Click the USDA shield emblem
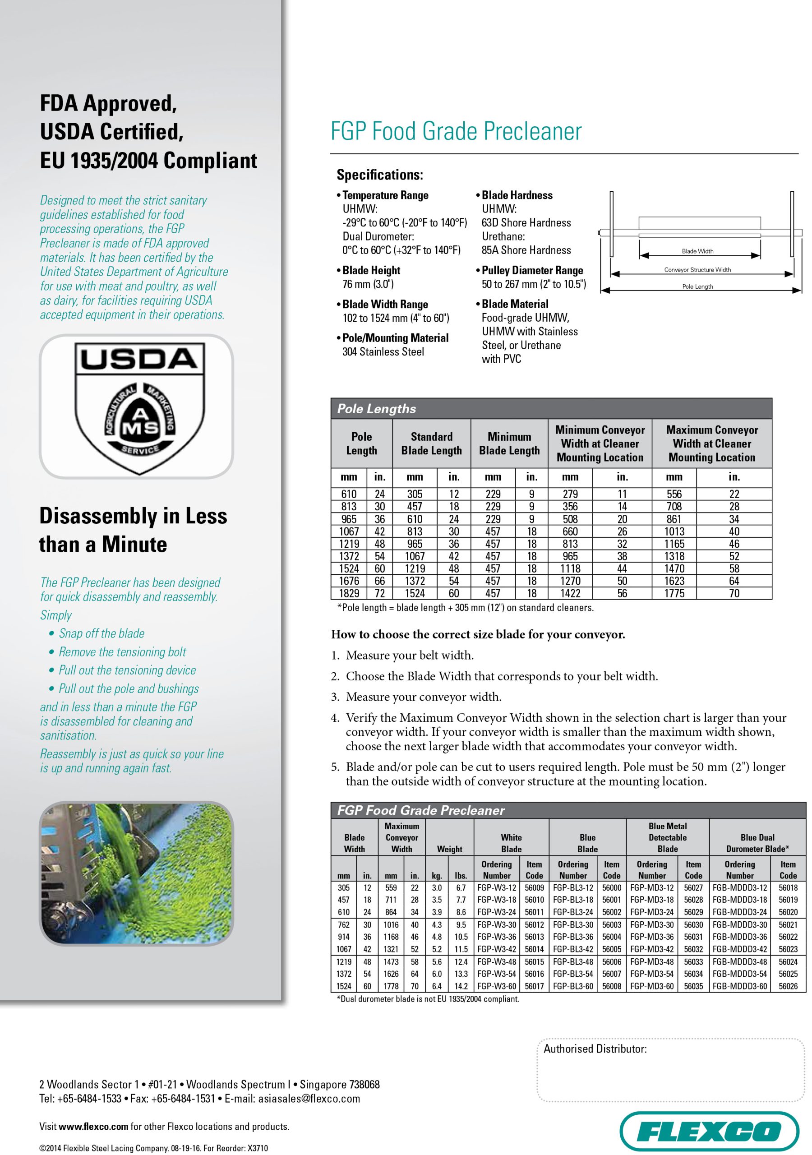coord(139,407)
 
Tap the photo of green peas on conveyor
coord(136,873)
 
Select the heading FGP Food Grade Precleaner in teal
coord(456,131)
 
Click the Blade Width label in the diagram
coord(697,251)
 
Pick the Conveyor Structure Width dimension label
coord(697,270)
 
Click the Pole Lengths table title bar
coord(551,408)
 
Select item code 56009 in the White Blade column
coord(534,888)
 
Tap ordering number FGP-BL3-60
coord(573,986)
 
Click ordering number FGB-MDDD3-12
coord(739,888)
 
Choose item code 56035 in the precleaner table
coord(693,986)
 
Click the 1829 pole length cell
coord(349,594)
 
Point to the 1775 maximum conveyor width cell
coord(674,594)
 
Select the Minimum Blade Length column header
coord(509,444)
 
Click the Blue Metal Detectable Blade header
coord(667,837)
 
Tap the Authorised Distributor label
coord(595,1049)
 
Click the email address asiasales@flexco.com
coord(309,1099)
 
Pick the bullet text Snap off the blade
coord(101,633)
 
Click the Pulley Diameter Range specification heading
coord(532,270)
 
